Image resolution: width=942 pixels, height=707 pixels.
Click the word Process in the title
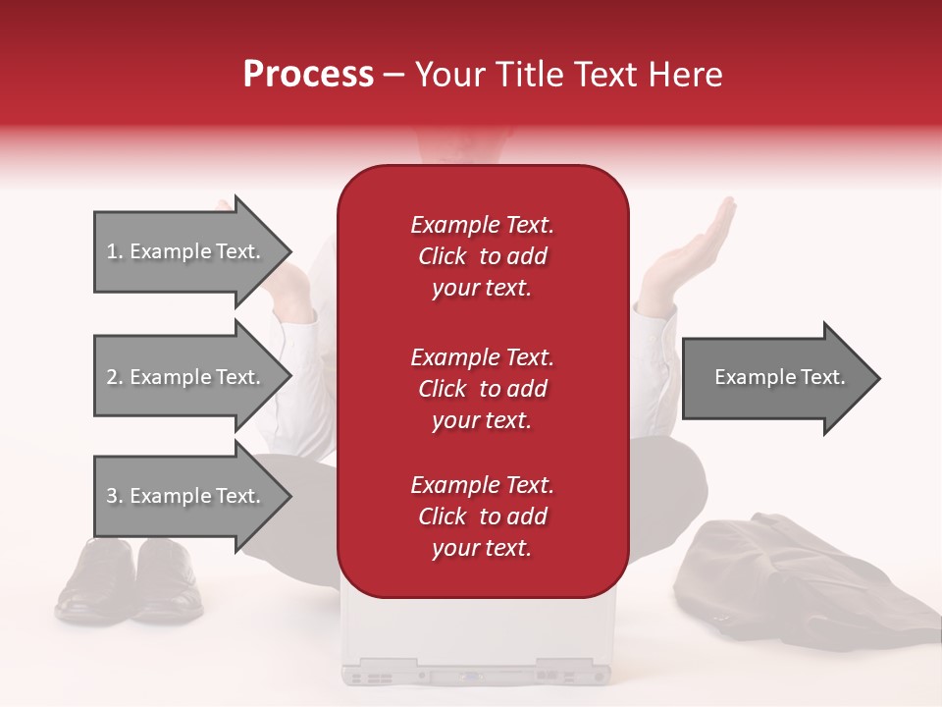308,75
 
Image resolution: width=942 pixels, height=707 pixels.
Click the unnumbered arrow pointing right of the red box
780,377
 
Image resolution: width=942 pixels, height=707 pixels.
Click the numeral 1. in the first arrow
115,251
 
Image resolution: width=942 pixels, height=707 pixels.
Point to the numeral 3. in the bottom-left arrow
115,496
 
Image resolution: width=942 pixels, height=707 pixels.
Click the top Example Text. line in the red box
482,225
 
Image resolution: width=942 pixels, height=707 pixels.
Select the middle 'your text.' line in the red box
482,420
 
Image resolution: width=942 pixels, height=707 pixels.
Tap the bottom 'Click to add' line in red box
482,517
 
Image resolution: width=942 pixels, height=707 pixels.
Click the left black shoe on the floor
93,579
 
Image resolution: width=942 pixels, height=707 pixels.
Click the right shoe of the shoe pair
169,581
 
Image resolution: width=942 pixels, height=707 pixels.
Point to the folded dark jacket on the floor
795,579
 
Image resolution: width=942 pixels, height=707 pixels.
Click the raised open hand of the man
692,245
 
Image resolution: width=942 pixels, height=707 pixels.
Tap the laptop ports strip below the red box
476,676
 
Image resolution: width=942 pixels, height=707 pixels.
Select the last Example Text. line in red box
482,485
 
